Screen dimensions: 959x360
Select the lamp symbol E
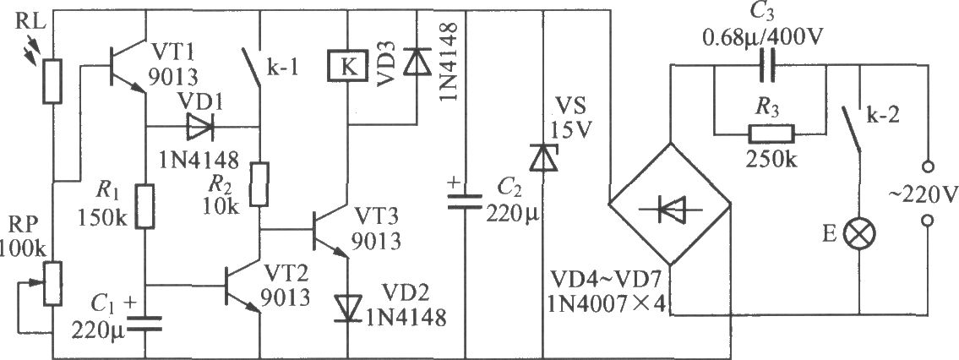click(x=859, y=234)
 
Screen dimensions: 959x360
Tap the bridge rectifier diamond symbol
click(x=670, y=205)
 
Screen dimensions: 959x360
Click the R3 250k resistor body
click(x=770, y=133)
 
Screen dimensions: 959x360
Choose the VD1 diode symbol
click(x=199, y=128)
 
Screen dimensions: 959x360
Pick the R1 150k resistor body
click(x=145, y=207)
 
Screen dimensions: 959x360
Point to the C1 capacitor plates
click(x=145, y=324)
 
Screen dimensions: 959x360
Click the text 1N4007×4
click(x=612, y=303)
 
